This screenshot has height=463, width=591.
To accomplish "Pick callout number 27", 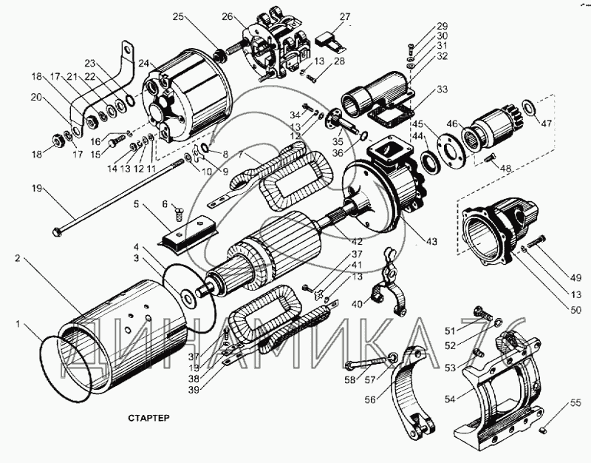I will [x=345, y=16].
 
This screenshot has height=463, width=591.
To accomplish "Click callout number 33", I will [x=443, y=90].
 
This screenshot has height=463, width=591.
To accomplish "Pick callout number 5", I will [x=137, y=204].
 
